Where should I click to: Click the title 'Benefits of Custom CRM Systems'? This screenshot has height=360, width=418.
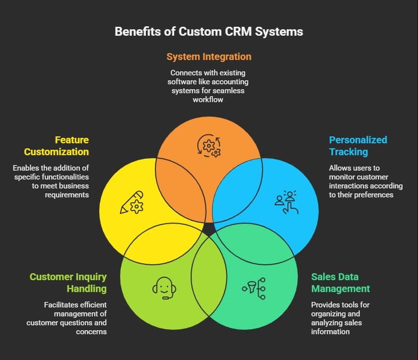point(209,32)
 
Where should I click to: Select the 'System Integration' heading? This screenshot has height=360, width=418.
point(209,57)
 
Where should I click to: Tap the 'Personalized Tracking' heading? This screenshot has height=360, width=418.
point(358,146)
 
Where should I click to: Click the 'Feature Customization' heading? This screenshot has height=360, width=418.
point(57,146)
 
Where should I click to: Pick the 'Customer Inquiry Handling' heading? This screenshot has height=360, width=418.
point(68,283)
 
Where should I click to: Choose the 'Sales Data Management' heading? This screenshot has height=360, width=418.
point(341,283)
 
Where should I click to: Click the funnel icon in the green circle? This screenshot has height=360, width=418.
point(254,288)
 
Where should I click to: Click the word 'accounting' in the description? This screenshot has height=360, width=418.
point(231,81)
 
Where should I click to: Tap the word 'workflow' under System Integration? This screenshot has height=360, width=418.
point(209,100)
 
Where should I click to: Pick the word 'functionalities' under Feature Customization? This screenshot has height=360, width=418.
point(57,177)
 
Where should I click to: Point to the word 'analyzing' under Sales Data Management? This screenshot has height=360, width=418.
point(329,323)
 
